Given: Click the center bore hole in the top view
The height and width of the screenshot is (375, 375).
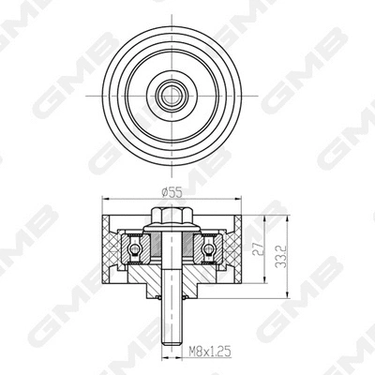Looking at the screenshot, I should tap(172, 95).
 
